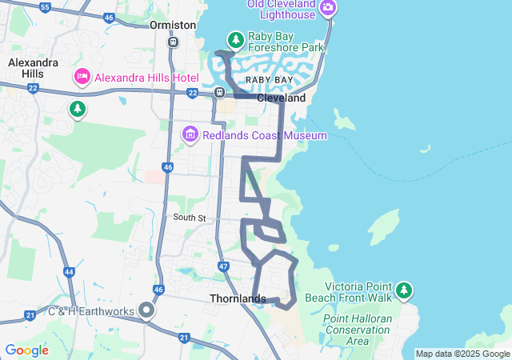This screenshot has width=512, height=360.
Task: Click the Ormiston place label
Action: [x=173, y=25]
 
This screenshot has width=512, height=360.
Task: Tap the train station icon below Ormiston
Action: [x=173, y=42]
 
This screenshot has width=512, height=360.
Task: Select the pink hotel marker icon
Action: [x=82, y=77]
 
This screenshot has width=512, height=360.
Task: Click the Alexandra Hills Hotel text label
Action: [x=146, y=77]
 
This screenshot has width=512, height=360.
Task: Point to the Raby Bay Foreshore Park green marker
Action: [x=235, y=39]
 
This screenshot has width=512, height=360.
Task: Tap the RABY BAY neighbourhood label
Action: [x=269, y=81]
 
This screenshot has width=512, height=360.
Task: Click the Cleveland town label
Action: [x=281, y=98]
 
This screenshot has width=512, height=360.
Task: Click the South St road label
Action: [x=190, y=218]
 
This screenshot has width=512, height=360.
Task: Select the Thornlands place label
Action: [x=238, y=299]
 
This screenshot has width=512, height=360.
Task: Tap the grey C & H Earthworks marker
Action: [x=146, y=310]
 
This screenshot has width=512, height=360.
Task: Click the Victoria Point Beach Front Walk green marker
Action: [x=405, y=288]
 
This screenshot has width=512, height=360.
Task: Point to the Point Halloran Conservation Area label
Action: [x=357, y=330]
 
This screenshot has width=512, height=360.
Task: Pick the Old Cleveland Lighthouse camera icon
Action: [x=327, y=9]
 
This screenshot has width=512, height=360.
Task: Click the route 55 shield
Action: [x=45, y=7]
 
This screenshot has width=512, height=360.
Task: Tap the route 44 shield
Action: [x=70, y=272]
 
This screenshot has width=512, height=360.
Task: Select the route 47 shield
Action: [x=224, y=266]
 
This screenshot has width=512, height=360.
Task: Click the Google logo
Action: [x=26, y=350]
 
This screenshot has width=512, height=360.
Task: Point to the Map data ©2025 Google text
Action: [x=462, y=354]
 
